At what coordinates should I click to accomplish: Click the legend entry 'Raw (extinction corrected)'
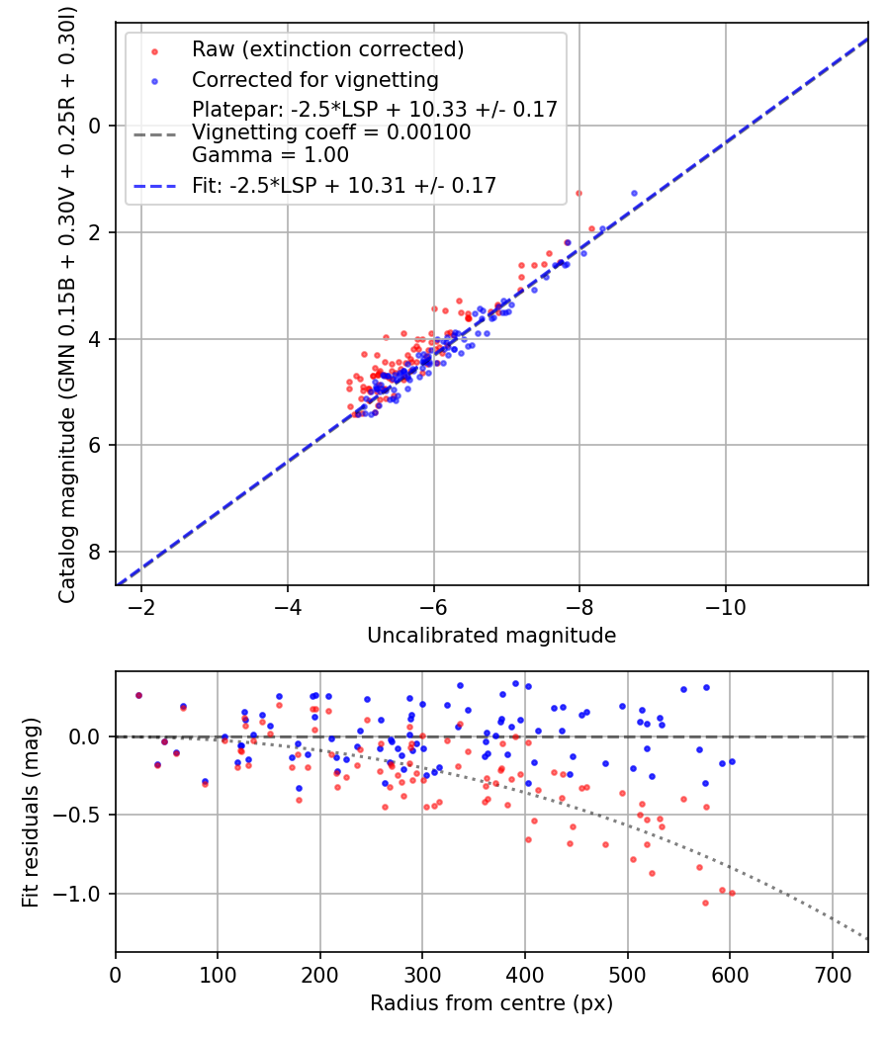[x=327, y=49]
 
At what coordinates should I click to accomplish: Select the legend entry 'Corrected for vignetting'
[x=314, y=79]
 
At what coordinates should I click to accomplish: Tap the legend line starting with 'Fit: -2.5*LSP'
[x=344, y=184]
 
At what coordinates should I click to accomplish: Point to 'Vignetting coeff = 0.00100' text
[x=331, y=131]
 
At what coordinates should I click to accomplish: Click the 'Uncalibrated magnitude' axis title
[x=491, y=636]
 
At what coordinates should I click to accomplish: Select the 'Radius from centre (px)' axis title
[x=491, y=1003]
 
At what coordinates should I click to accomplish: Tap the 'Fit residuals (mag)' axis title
[x=31, y=813]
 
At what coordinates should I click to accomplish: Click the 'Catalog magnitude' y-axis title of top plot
[x=67, y=303]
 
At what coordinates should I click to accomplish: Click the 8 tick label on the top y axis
[x=96, y=552]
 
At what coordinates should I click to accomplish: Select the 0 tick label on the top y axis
[x=96, y=126]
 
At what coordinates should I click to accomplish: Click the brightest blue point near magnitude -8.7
[x=634, y=193]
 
